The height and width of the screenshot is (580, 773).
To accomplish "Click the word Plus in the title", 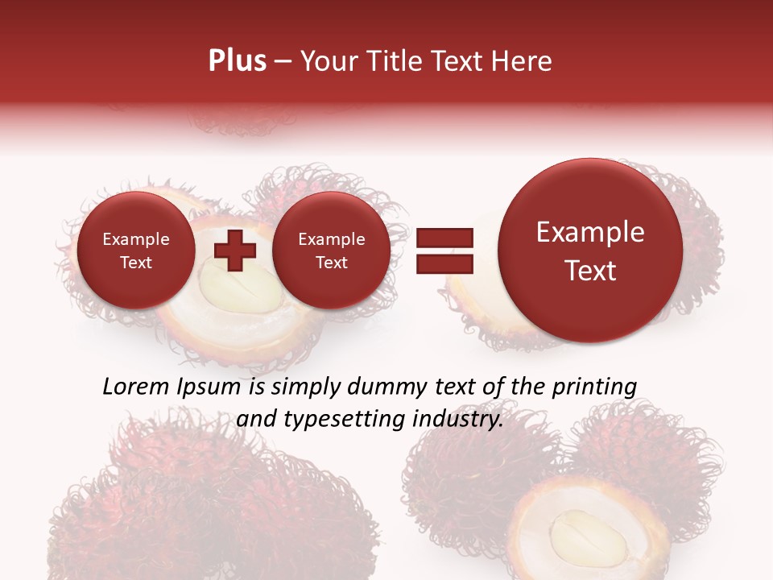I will point(237,61).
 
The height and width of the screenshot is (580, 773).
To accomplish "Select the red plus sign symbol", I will point(235,251).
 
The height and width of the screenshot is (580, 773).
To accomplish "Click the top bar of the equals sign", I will point(444,238).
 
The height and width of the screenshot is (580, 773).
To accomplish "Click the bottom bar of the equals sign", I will point(444,264).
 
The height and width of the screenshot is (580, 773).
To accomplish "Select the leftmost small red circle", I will point(135,251).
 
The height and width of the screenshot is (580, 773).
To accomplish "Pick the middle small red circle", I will point(331,251).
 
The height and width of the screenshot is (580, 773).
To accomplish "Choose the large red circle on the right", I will point(590,251).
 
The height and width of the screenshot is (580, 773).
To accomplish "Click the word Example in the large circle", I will point(590,232).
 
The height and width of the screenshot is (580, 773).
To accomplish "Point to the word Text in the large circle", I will point(590,271).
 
